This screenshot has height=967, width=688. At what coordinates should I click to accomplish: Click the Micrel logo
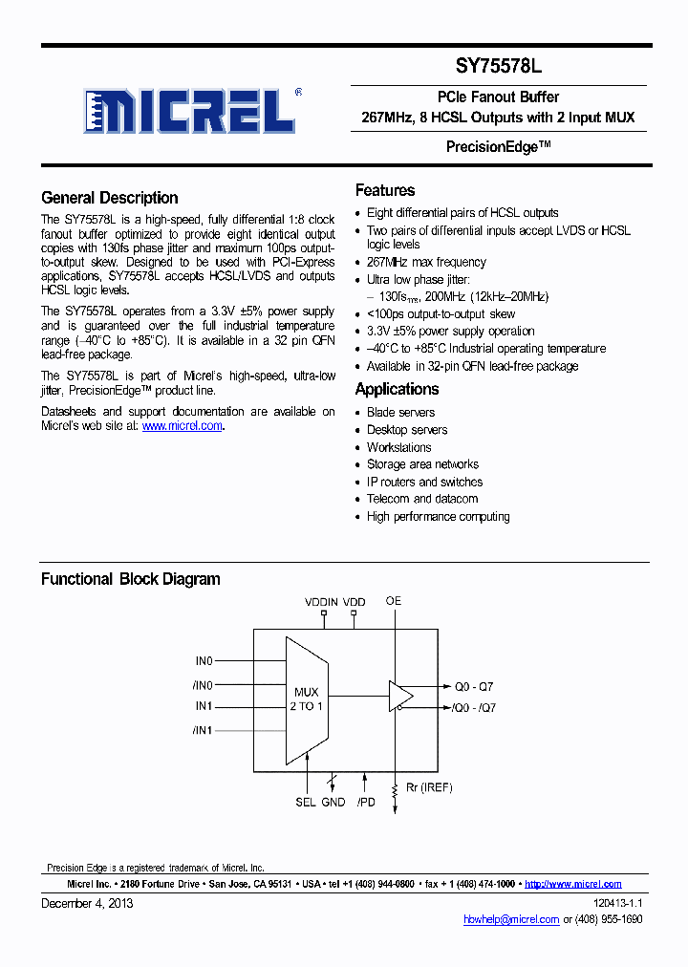tap(189, 111)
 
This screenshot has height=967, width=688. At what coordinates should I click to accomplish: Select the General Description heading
tap(109, 198)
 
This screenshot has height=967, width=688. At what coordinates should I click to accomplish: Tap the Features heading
tap(385, 190)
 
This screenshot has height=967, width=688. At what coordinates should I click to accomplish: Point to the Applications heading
tap(397, 389)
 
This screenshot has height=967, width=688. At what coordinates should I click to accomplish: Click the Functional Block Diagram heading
tap(130, 579)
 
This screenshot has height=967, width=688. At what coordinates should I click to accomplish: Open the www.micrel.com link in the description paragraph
tap(182, 426)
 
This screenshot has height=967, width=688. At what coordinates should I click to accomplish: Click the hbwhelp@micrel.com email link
tap(511, 919)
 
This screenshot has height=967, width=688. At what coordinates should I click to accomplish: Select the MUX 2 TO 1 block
tap(307, 698)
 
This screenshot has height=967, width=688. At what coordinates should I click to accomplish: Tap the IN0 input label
tap(204, 660)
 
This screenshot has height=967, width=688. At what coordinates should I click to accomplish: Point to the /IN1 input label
tap(203, 730)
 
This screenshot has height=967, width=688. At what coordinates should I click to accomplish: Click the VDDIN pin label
tap(321, 602)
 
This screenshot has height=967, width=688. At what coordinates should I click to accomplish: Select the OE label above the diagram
tap(394, 601)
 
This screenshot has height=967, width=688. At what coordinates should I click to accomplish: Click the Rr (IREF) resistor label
tap(428, 787)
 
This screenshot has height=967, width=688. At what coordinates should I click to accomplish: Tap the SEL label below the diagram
tap(305, 803)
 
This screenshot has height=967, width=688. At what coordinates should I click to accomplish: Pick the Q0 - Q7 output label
tap(474, 686)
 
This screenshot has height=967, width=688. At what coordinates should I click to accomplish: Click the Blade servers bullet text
tap(400, 413)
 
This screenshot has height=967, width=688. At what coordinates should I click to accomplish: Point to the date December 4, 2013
tap(87, 903)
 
